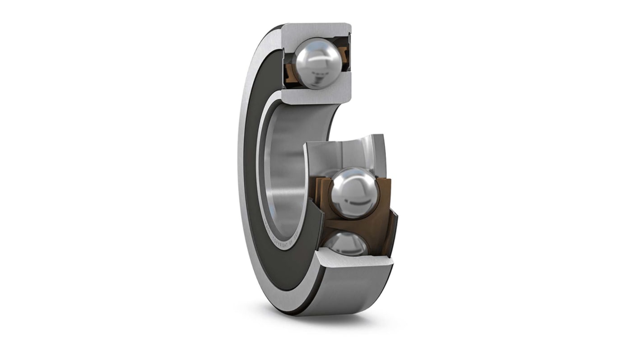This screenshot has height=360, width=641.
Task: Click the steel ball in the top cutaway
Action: pyautogui.click(x=317, y=63)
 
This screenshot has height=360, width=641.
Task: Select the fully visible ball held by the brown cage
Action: pyautogui.click(x=353, y=193)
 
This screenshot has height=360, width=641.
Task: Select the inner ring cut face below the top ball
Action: pyautogui.click(x=316, y=95)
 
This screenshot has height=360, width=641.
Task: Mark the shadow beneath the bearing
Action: pyautogui.click(x=316, y=316)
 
